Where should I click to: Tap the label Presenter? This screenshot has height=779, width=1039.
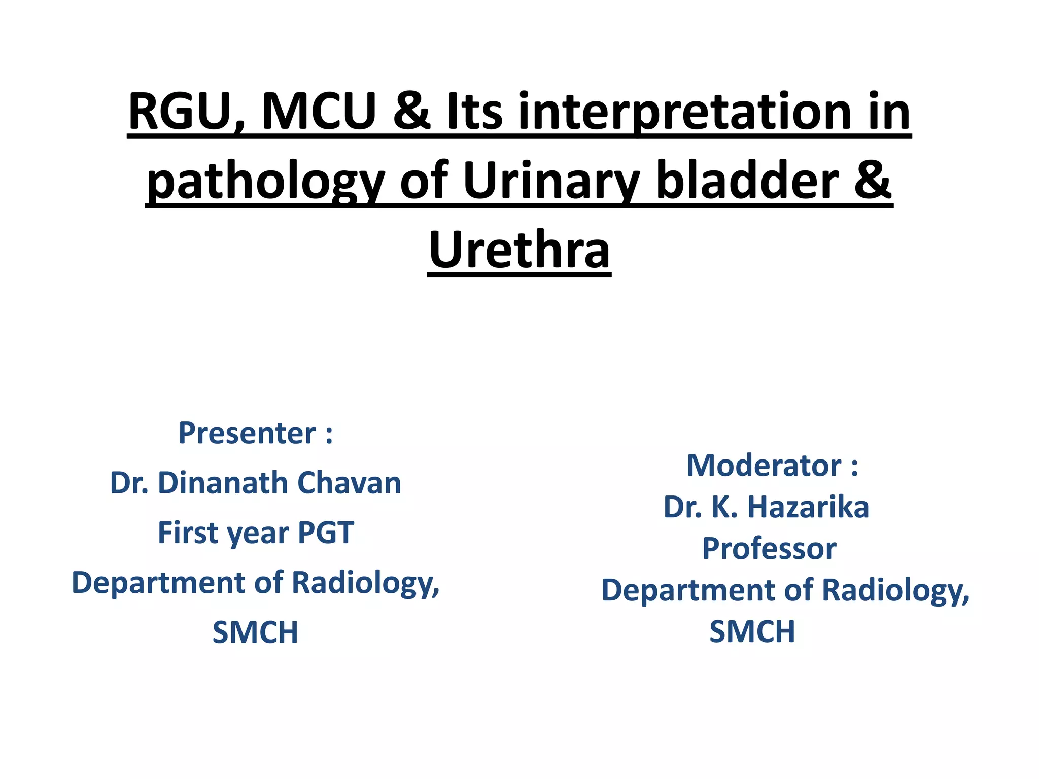click(247, 433)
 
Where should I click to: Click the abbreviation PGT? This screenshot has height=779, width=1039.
click(325, 533)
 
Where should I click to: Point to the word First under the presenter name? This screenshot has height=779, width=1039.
click(188, 533)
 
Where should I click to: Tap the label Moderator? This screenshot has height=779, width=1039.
click(764, 466)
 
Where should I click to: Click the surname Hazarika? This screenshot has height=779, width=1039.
click(808, 507)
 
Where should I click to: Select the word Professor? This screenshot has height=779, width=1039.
click(769, 549)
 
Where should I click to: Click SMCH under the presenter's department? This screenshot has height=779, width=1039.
click(255, 632)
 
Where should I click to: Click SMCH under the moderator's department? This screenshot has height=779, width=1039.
click(752, 631)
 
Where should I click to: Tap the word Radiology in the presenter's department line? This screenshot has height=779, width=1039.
click(365, 583)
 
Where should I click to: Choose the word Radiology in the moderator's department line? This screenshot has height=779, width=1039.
click(895, 591)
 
